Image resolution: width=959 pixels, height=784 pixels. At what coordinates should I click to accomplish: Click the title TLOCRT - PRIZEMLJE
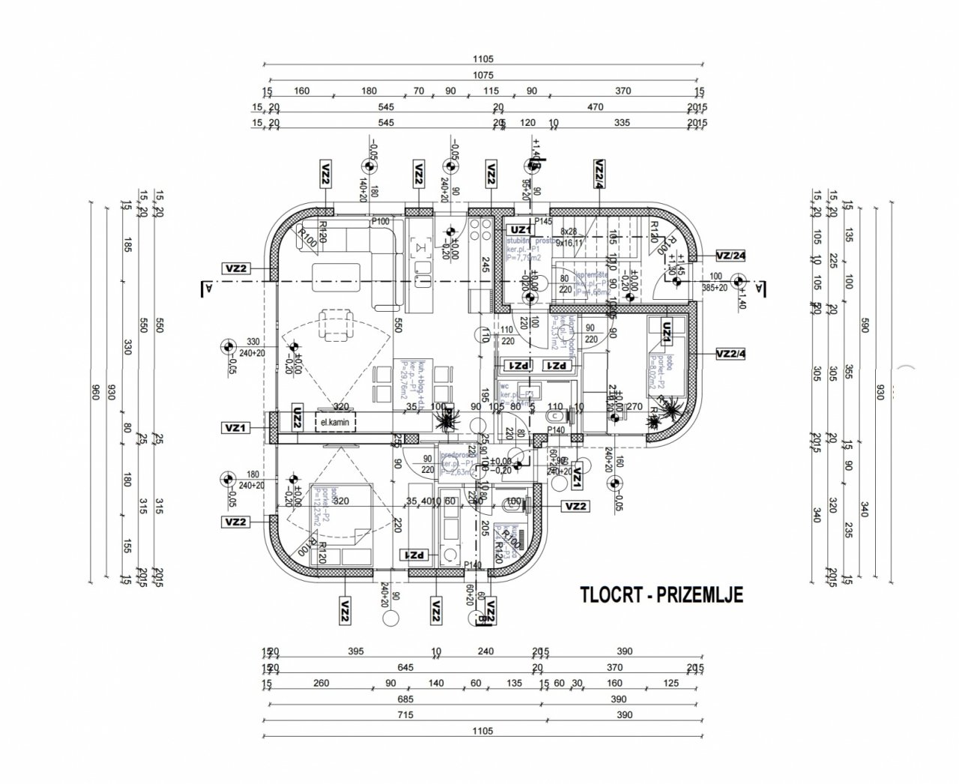tap(661, 594)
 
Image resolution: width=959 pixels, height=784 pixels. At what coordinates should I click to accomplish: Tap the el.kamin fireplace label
tap(336, 423)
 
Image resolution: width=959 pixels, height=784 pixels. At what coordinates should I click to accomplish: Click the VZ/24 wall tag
tap(731, 255)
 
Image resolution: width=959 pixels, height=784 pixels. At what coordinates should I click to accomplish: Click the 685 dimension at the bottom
tap(405, 699)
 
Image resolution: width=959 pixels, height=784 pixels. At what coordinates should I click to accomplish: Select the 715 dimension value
tap(405, 715)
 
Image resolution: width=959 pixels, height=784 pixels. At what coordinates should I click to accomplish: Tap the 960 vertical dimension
tap(95, 393)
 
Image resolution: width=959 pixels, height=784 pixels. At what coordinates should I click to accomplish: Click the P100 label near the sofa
tap(381, 221)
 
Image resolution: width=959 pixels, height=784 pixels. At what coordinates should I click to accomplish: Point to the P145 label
tap(543, 221)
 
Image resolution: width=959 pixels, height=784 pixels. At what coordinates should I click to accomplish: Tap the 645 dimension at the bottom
tap(405, 667)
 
